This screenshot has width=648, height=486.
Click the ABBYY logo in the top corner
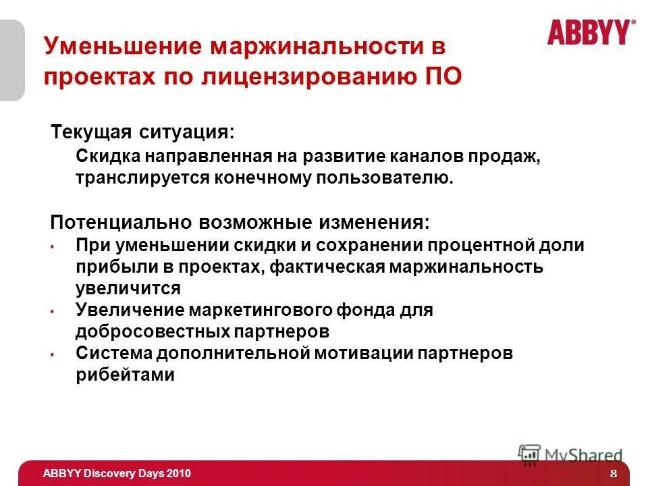(591, 32)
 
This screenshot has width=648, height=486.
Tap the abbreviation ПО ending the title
(444, 77)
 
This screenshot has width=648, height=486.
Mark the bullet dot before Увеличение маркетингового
(52, 311)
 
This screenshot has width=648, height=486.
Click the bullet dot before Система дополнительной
(52, 354)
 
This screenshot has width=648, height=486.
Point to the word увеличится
(128, 288)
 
